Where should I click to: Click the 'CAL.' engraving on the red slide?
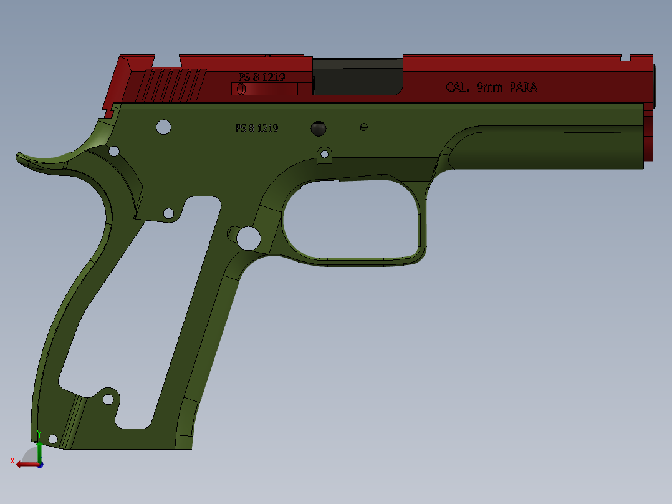pos(458,87)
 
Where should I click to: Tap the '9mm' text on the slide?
pos(489,87)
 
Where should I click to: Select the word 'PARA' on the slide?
pos(523,87)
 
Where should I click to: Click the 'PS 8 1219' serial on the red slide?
pos(261,77)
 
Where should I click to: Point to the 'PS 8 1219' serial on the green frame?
pos(257,128)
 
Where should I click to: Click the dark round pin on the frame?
pos(319,128)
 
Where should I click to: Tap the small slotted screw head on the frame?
pos(363,127)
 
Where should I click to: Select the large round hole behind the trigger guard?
pos(249,238)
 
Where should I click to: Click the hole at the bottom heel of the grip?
pos(53,439)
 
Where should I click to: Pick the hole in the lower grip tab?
pos(108,400)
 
